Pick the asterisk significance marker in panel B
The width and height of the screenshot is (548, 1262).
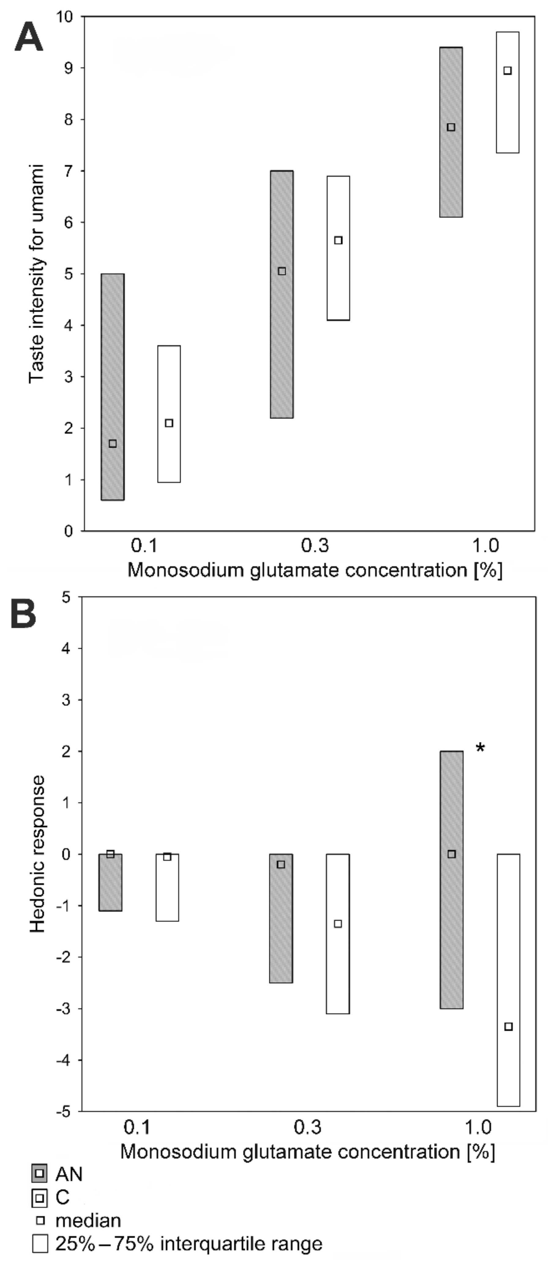480,748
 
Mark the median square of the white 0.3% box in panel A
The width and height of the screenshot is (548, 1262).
338,240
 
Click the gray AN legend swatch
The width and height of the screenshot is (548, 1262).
40,1174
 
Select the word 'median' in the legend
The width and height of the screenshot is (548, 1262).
88,1220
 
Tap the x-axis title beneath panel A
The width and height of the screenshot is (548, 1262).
315,570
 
